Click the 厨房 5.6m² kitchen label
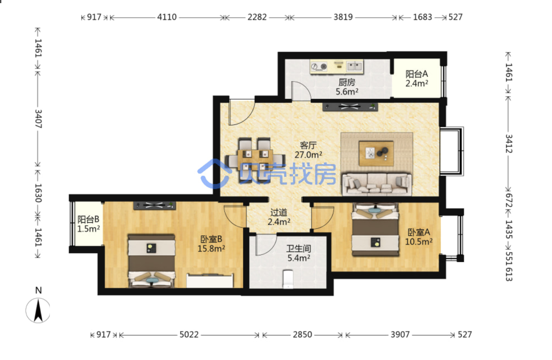point(347,87)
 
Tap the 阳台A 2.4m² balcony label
point(417,78)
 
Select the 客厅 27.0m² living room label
point(308,150)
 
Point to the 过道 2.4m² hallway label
point(279,217)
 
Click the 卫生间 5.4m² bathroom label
point(298,254)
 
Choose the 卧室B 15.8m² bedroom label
point(211,244)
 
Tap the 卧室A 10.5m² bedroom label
point(419,237)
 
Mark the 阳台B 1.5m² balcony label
point(89,224)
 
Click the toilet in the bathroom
point(288,279)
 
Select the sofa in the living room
point(376,184)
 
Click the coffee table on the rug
point(376,153)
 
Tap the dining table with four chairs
point(255,160)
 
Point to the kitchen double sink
point(355,66)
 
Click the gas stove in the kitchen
point(319,66)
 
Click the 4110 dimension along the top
point(167,17)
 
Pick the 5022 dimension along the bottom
point(189,335)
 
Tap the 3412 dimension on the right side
point(509,143)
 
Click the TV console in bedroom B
point(155,205)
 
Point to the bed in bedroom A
point(375,229)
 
